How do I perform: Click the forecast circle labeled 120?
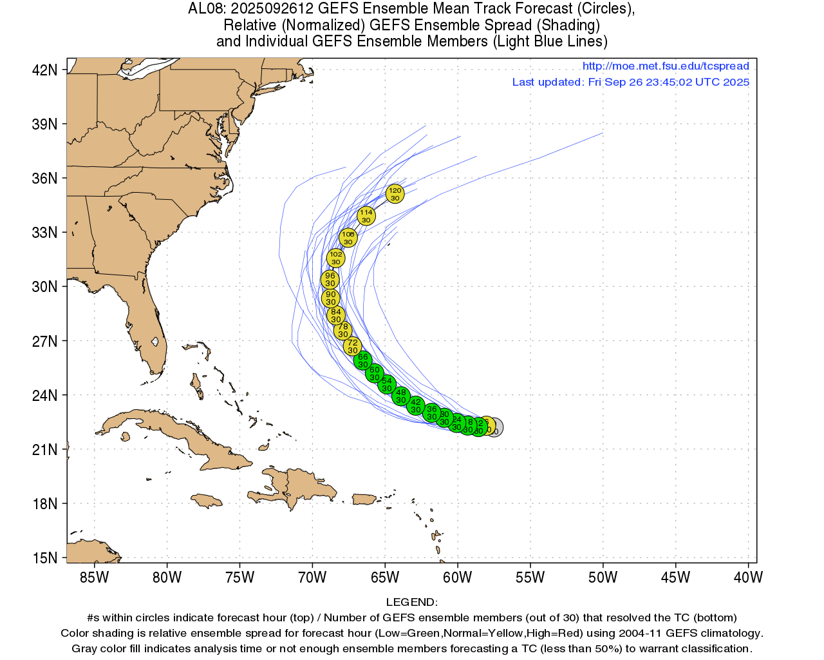coord(395,193)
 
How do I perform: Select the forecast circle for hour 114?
coord(366,216)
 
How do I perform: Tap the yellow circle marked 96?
coord(330,279)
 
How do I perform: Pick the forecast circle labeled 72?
coord(352,346)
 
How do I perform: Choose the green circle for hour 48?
coord(400,396)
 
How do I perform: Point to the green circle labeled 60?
coord(374,373)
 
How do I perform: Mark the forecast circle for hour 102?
coord(335,258)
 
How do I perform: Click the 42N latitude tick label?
coord(44,70)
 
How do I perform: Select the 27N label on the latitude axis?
coord(44,341)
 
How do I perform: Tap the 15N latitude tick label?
coord(44,558)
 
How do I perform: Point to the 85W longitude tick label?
coord(94,577)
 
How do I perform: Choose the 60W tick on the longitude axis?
coord(457,577)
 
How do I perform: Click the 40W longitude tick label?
coord(748,577)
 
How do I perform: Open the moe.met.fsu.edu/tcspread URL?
coord(666,66)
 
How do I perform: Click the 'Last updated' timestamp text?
coord(630,82)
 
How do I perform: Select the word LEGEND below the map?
coord(411,602)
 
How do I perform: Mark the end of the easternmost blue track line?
coord(603,133)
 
